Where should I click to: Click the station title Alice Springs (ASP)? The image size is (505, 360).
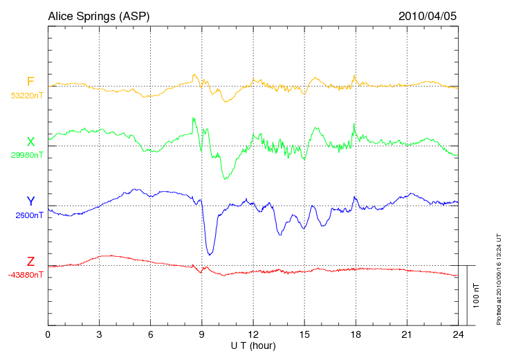98,15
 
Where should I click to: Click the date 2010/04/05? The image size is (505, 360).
428,15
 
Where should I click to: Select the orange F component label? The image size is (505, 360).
30,82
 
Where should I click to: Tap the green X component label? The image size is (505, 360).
30,141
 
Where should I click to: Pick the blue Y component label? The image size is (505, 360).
30,201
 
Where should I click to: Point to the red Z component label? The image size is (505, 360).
30,261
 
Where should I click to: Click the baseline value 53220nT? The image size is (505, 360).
26,96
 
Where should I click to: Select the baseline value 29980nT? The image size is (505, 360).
26,155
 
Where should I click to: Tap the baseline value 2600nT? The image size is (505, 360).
29,215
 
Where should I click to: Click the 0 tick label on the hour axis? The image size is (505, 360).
48,334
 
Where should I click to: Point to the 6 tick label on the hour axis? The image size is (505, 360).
150,334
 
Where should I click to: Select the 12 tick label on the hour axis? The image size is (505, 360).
253,334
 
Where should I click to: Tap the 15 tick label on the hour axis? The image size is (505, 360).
304,334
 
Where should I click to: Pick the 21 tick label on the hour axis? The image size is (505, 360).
407,334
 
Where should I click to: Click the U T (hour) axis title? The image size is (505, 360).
253,345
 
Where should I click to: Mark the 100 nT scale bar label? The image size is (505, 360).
475,295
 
